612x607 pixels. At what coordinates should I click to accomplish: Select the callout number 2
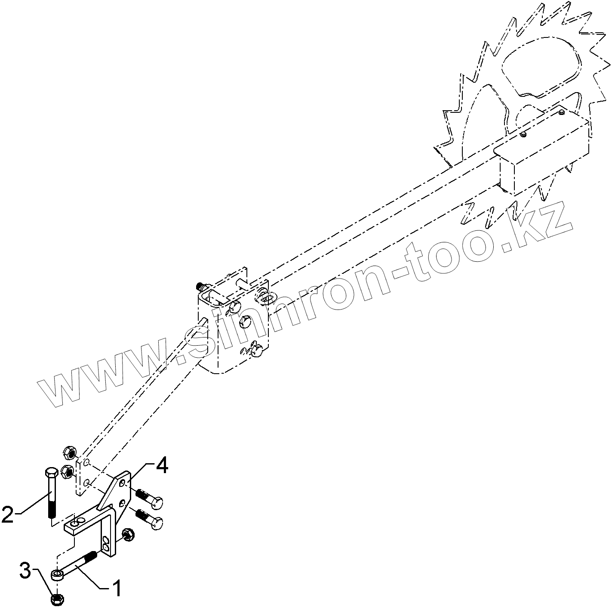coord(9,514)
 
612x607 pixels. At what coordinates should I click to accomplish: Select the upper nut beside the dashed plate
coord(69,452)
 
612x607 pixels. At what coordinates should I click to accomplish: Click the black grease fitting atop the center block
coord(199,286)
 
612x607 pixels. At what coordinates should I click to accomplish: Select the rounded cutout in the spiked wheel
coord(542,65)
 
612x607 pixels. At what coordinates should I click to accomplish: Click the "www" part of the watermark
coord(103,379)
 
